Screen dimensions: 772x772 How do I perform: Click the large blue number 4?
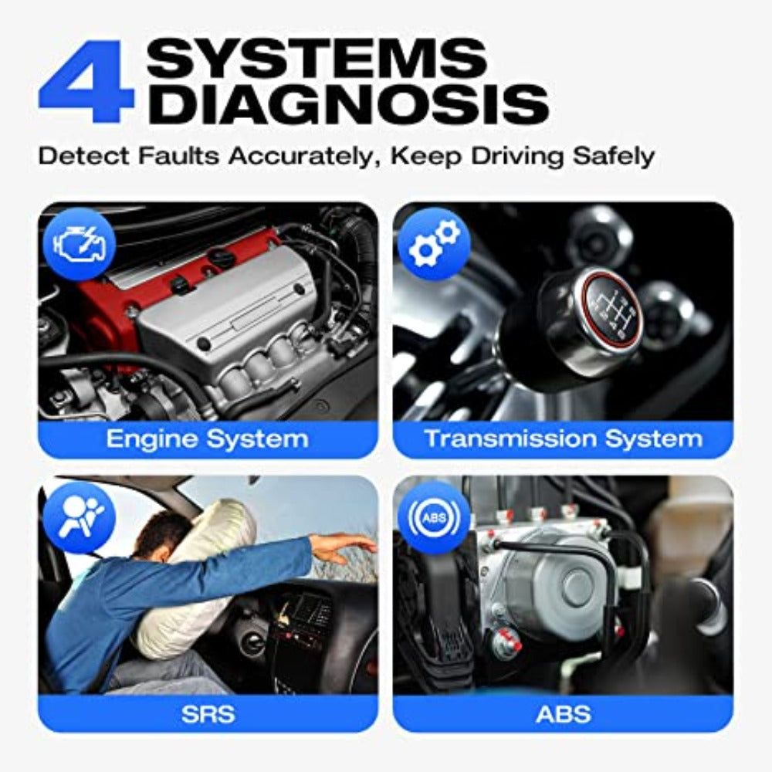pyautogui.click(x=86, y=81)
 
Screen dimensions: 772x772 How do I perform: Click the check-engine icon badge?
pyautogui.click(x=80, y=245)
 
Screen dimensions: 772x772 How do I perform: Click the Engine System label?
pyautogui.click(x=207, y=438)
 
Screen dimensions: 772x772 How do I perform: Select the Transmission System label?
pyautogui.click(x=564, y=438)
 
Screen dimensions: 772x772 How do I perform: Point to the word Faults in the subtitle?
pyautogui.click(x=178, y=157)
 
